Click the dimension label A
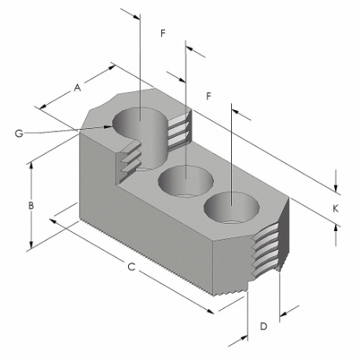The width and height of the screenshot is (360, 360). [x=77, y=89]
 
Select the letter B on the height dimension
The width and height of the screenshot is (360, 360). [x=30, y=205]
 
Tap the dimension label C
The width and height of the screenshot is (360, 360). [x=132, y=269]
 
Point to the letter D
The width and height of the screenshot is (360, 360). [x=264, y=324]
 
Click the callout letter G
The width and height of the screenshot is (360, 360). [x=17, y=134]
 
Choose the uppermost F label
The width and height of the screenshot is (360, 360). [x=162, y=34]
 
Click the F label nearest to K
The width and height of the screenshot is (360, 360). [x=208, y=95]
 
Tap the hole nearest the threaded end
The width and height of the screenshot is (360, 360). [x=231, y=208]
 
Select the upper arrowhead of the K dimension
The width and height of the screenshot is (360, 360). [x=336, y=189]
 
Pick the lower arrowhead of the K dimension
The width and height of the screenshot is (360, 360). [x=336, y=226]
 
